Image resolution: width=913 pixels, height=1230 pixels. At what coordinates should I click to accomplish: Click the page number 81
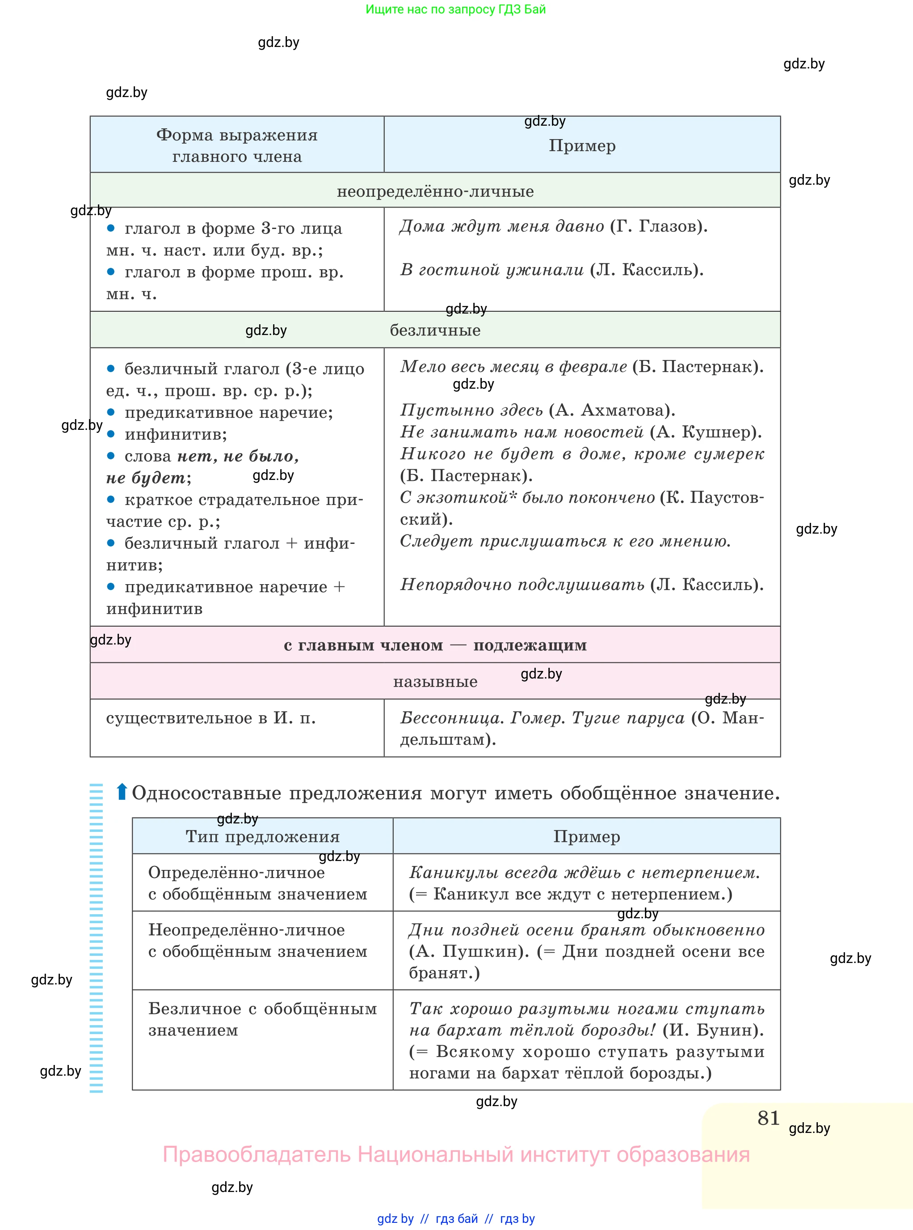click(x=768, y=1118)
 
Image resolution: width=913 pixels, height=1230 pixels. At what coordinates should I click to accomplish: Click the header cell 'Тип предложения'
click(x=262, y=837)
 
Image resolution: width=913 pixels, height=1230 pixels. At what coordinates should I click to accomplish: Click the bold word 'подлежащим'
click(x=530, y=645)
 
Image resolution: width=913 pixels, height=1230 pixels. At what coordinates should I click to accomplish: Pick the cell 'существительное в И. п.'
click(x=210, y=718)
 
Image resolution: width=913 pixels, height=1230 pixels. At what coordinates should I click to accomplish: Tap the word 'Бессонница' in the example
click(x=451, y=718)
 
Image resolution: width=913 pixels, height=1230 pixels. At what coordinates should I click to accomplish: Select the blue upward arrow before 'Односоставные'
click(x=122, y=792)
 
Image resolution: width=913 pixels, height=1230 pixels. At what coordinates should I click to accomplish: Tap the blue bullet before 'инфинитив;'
click(x=110, y=434)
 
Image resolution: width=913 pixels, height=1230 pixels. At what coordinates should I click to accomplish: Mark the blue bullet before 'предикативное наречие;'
click(x=110, y=412)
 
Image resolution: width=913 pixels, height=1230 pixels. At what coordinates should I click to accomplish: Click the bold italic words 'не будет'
click(x=146, y=478)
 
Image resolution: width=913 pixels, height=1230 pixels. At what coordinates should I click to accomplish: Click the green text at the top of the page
click(x=455, y=9)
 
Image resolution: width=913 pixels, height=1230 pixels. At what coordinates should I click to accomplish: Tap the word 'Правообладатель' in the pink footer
click(x=257, y=1154)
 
